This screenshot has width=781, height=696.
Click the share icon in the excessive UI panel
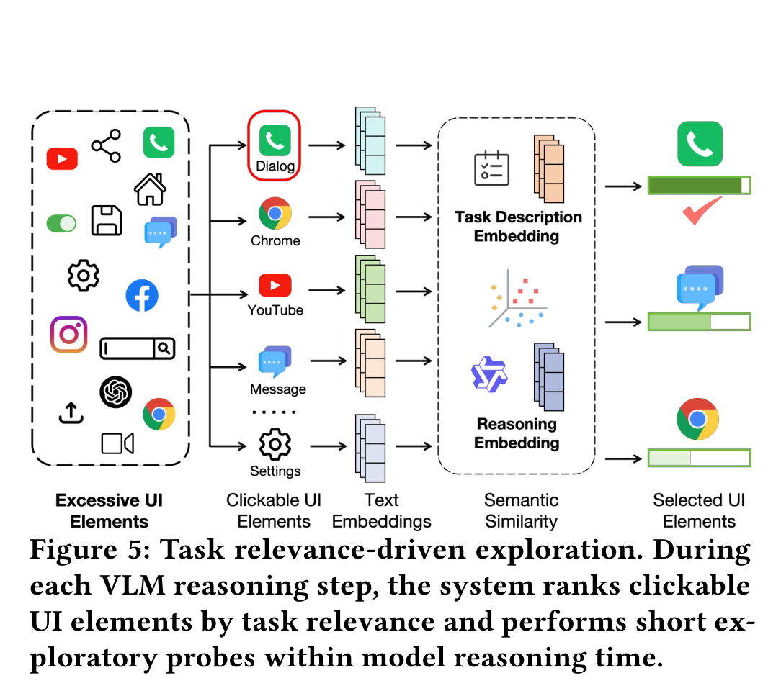(106, 146)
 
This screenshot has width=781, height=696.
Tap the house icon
(150, 189)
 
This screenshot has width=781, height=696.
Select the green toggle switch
(61, 223)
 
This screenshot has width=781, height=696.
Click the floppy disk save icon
(107, 220)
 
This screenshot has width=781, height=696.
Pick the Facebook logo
(142, 296)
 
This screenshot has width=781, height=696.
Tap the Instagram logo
(68, 334)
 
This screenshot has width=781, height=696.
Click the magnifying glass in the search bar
(164, 348)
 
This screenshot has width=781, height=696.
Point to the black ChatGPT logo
(115, 392)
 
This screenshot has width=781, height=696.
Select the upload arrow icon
(71, 412)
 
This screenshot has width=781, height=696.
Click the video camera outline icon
(117, 443)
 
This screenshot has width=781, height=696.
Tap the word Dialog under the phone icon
(275, 166)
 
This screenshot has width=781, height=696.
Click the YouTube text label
(275, 310)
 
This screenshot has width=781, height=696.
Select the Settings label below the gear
(275, 471)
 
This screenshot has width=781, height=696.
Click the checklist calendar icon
(491, 168)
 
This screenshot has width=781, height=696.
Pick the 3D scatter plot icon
(517, 299)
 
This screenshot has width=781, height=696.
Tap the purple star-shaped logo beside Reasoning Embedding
(489, 374)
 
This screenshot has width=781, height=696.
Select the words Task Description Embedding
(518, 226)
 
